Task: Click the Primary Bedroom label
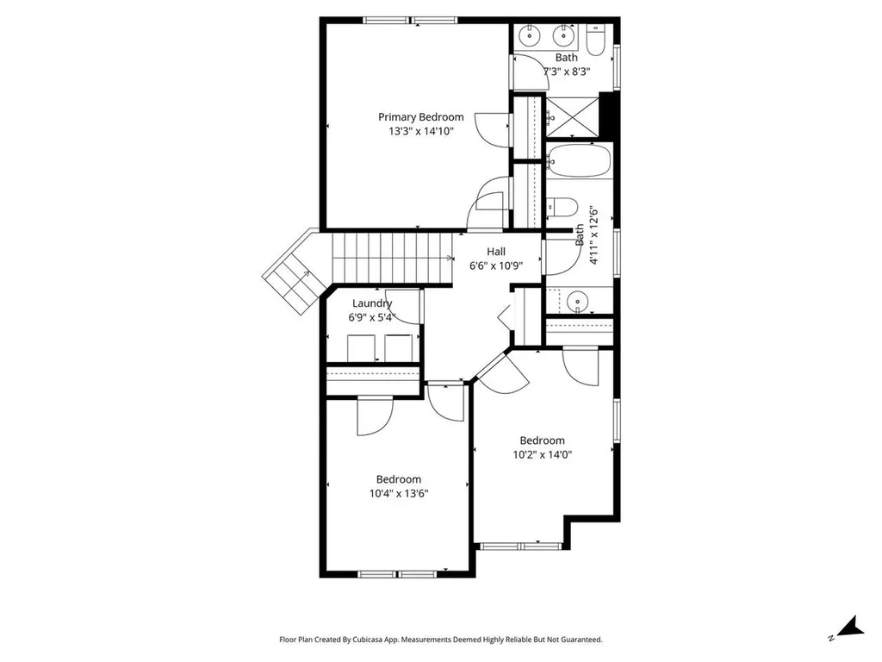[x=420, y=117]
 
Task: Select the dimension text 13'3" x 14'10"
[x=420, y=132]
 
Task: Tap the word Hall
[x=496, y=251]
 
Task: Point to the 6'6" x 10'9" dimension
[x=496, y=265]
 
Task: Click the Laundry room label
[x=371, y=303]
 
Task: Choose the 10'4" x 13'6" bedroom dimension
[x=398, y=494]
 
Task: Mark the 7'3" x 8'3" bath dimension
[x=566, y=72]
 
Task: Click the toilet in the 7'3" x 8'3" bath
[x=596, y=40]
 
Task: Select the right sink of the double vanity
[x=565, y=36]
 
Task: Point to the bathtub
[x=579, y=160]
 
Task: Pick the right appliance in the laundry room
[x=399, y=348]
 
